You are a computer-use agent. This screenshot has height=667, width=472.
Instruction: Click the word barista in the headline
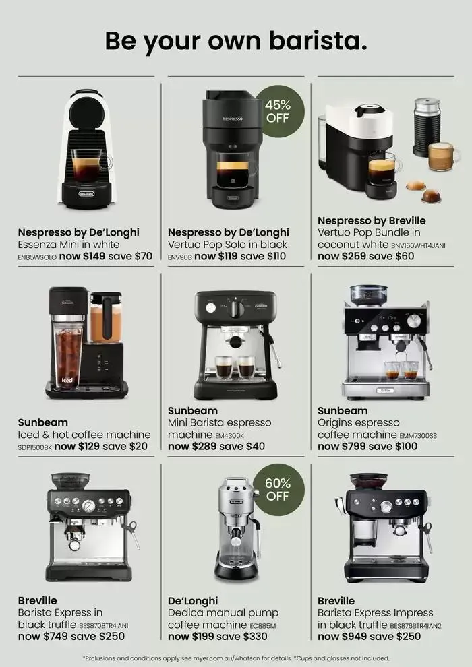(318, 41)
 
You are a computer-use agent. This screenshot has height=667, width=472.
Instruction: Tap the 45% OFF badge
(278, 111)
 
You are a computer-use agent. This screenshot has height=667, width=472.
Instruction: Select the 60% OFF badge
(278, 490)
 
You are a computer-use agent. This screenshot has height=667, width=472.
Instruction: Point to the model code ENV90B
(180, 257)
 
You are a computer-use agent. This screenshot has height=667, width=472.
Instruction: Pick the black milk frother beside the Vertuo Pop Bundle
(427, 127)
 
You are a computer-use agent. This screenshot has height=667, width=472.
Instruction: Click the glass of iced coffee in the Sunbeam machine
(68, 356)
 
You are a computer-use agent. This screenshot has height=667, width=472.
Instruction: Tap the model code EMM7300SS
(418, 436)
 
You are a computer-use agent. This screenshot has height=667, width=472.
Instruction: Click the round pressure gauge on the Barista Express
(88, 506)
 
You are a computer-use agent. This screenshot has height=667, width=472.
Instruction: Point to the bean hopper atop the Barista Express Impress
(369, 481)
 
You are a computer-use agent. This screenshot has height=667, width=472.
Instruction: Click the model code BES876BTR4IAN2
(416, 626)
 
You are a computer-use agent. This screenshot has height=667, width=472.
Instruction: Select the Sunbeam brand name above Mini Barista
(193, 411)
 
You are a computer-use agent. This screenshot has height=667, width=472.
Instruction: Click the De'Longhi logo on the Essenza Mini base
(87, 193)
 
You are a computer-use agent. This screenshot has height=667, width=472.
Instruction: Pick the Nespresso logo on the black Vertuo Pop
(233, 119)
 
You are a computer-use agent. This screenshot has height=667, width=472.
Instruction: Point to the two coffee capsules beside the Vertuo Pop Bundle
(424, 191)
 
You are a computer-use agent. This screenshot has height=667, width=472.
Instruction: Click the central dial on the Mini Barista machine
(235, 309)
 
